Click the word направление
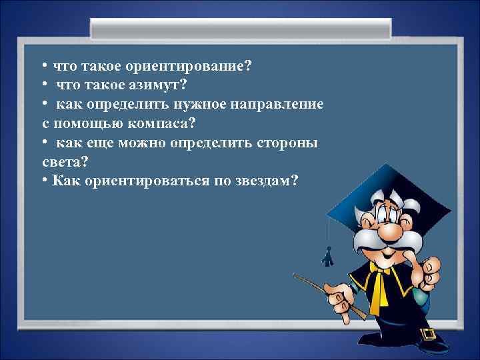click(x=279, y=105)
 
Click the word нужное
click(x=198, y=105)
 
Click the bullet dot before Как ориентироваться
click(x=43, y=181)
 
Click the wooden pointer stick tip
click(x=295, y=276)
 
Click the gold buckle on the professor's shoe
click(x=427, y=333)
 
